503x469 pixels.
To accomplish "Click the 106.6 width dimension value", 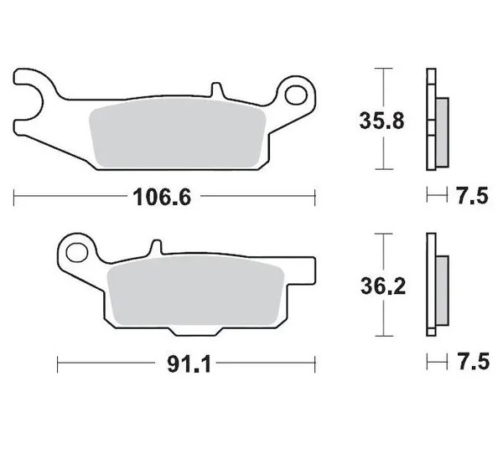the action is coord(162,197).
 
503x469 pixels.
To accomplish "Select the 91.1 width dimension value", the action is coord(189,364).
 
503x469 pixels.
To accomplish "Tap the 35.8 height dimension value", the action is coord(381,121).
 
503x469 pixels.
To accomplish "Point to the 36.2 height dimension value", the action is coord(383,286).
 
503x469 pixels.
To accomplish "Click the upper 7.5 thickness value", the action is coord(473,196).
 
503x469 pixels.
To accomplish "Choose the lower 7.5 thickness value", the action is coord(474,362).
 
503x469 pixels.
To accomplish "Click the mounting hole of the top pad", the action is coord(296,95).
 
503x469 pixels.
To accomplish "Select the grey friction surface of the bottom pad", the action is coord(195,291).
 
